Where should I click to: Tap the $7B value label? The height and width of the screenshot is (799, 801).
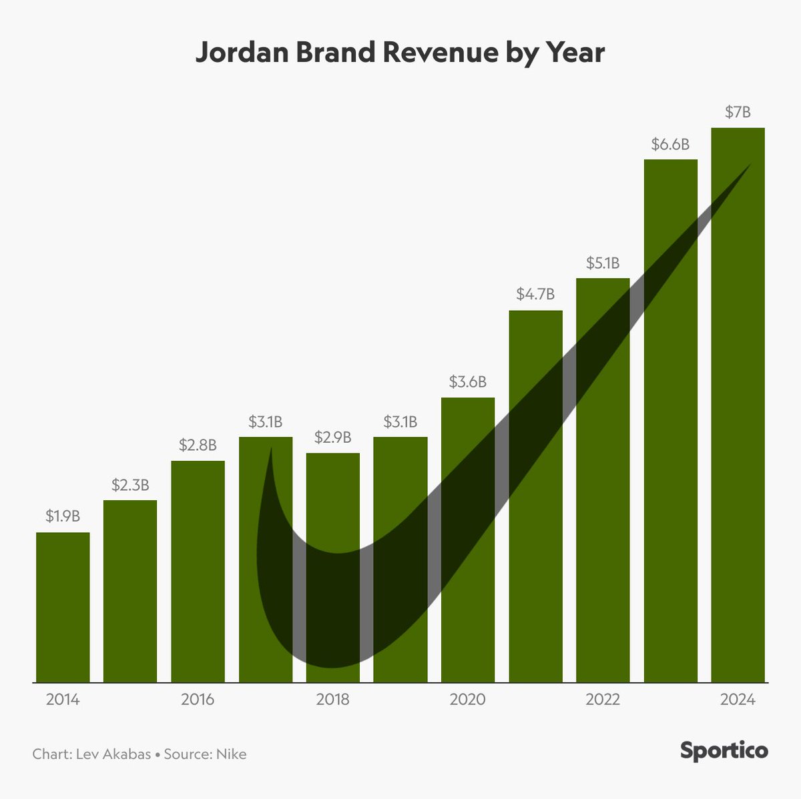[738, 112]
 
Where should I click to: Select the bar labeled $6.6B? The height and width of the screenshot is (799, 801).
[670, 420]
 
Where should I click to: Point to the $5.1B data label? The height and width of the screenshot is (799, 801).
[603, 263]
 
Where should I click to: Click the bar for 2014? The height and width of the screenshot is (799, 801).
[63, 607]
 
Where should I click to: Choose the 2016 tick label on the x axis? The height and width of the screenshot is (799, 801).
[198, 700]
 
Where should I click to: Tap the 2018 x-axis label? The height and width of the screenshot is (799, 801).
[332, 700]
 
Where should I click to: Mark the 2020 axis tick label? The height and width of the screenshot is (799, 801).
[467, 700]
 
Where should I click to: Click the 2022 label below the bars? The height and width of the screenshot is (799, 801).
[603, 700]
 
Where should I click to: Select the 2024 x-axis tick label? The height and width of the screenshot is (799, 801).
[738, 700]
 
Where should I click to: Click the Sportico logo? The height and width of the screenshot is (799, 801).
[724, 750]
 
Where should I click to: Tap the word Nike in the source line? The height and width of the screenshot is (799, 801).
[232, 754]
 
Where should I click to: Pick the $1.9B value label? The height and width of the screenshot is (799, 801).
[63, 516]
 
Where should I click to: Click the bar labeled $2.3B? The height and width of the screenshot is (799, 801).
[130, 591]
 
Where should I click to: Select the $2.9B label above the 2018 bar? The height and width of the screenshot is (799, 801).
[332, 438]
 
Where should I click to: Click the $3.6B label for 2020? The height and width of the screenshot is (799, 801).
[467, 382]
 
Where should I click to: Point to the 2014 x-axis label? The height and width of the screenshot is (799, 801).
[63, 700]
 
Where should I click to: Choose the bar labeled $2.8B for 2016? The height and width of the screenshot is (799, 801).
[198, 571]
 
